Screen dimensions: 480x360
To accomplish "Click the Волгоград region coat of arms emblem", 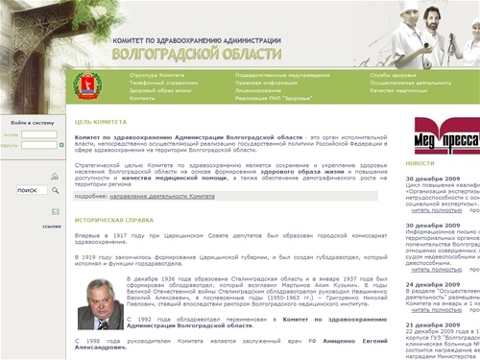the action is click(x=86, y=84).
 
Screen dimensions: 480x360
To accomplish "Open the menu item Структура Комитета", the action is click(x=156, y=75).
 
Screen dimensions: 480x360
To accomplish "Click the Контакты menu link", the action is click(x=142, y=98).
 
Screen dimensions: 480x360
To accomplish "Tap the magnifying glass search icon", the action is click(x=56, y=190).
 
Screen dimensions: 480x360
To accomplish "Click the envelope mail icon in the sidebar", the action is click(x=56, y=211).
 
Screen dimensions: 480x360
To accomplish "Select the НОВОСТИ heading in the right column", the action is click(x=420, y=164).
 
